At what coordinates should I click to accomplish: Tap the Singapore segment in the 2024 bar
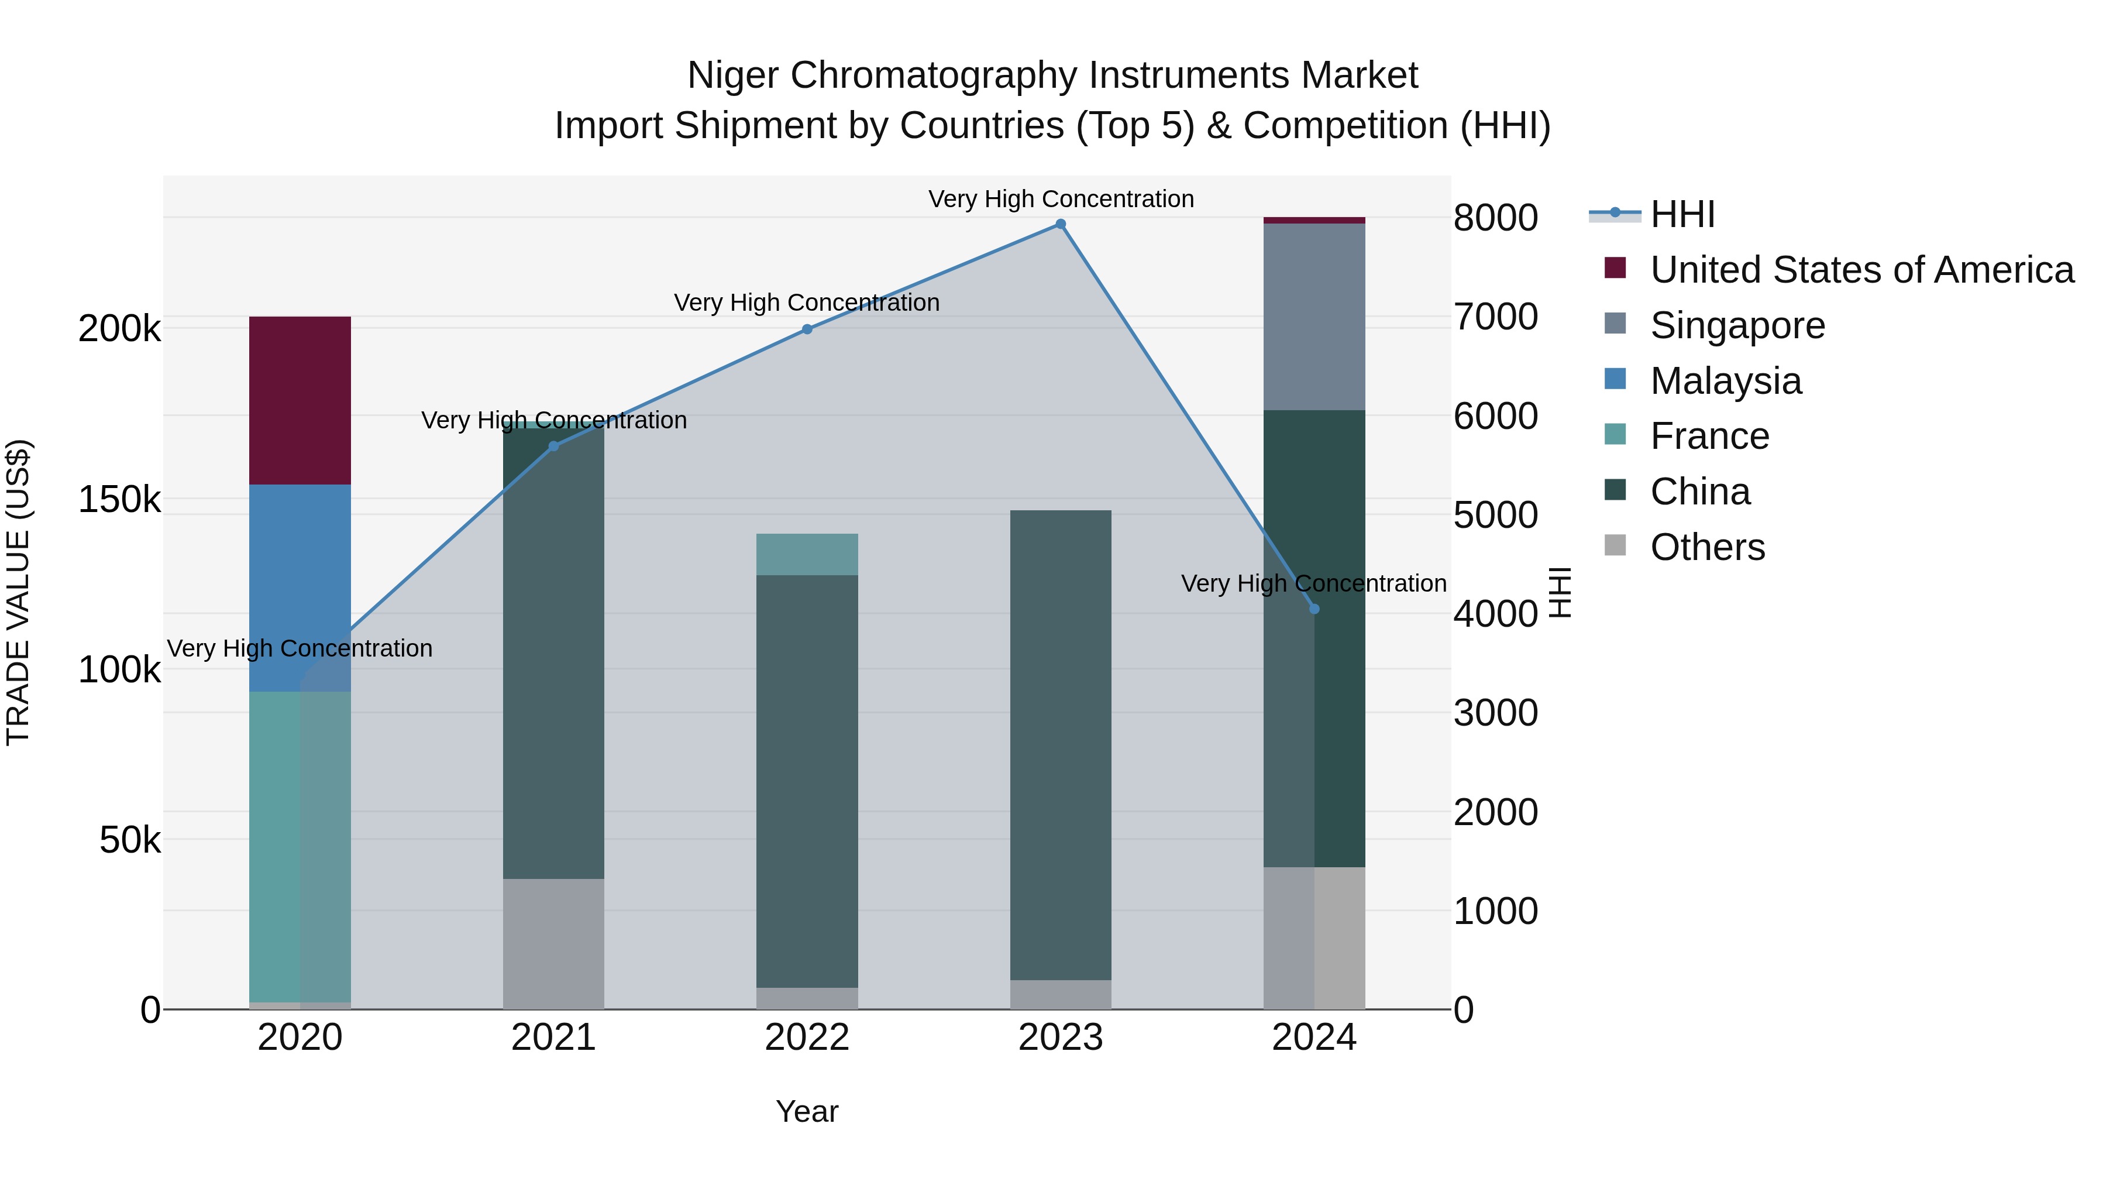1314,317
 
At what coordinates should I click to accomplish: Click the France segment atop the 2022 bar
807,555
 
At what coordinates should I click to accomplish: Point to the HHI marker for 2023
1061,224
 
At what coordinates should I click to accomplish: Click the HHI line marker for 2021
553,446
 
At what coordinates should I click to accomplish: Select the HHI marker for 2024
1314,609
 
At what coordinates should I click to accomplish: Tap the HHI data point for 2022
807,329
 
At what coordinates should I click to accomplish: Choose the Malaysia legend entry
1725,381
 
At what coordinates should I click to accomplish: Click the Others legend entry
1707,547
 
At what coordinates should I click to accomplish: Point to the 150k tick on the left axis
119,500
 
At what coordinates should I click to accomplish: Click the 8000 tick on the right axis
1495,218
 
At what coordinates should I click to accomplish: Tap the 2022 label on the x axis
807,1038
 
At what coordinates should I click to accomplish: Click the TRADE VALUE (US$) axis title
18,592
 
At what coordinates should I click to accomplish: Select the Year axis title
807,1111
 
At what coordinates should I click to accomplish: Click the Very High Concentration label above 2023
1061,199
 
